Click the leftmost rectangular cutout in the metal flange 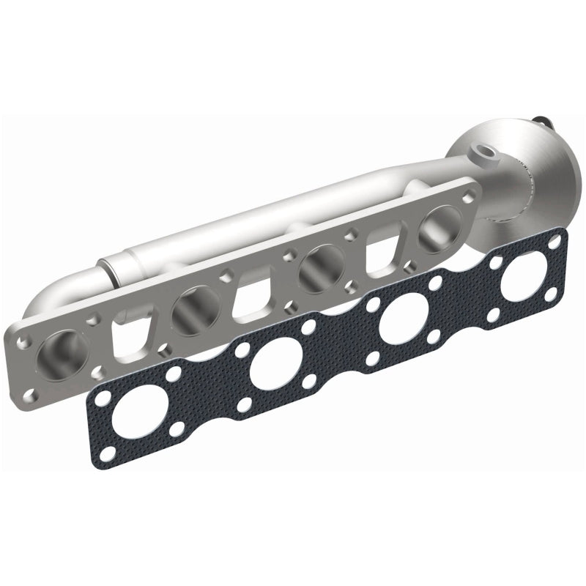click(126, 332)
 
